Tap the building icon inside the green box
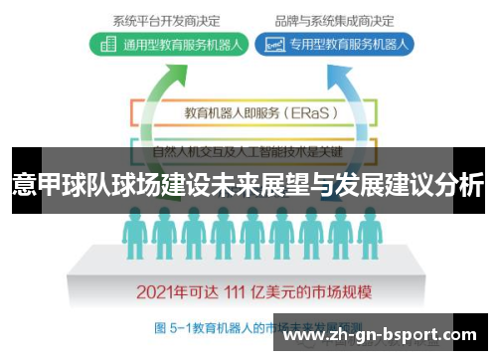pos(104,44)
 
